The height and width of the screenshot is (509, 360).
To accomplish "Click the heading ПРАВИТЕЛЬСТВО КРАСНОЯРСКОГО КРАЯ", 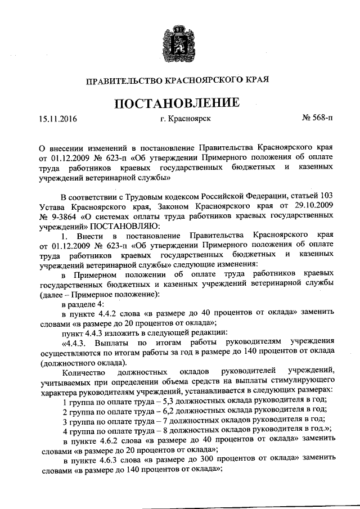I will coord(178,81).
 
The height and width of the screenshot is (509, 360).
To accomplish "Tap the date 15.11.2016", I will coord(57,119).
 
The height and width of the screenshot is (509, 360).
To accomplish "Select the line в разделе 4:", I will coord(82,304).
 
